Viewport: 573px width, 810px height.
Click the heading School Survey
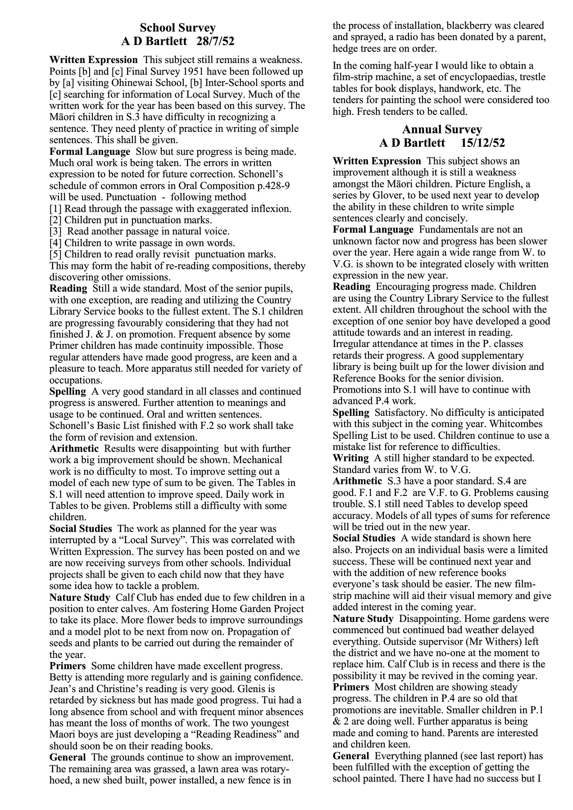tap(177, 28)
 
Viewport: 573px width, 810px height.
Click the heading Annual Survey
tap(441, 130)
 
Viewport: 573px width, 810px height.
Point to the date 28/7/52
tap(216, 42)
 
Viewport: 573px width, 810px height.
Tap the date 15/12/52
tap(483, 143)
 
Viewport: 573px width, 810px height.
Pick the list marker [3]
tap(56, 232)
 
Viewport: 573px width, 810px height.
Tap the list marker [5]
tap(56, 254)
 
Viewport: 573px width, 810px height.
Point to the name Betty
tap(60, 677)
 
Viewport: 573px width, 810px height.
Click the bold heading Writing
tap(350, 458)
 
